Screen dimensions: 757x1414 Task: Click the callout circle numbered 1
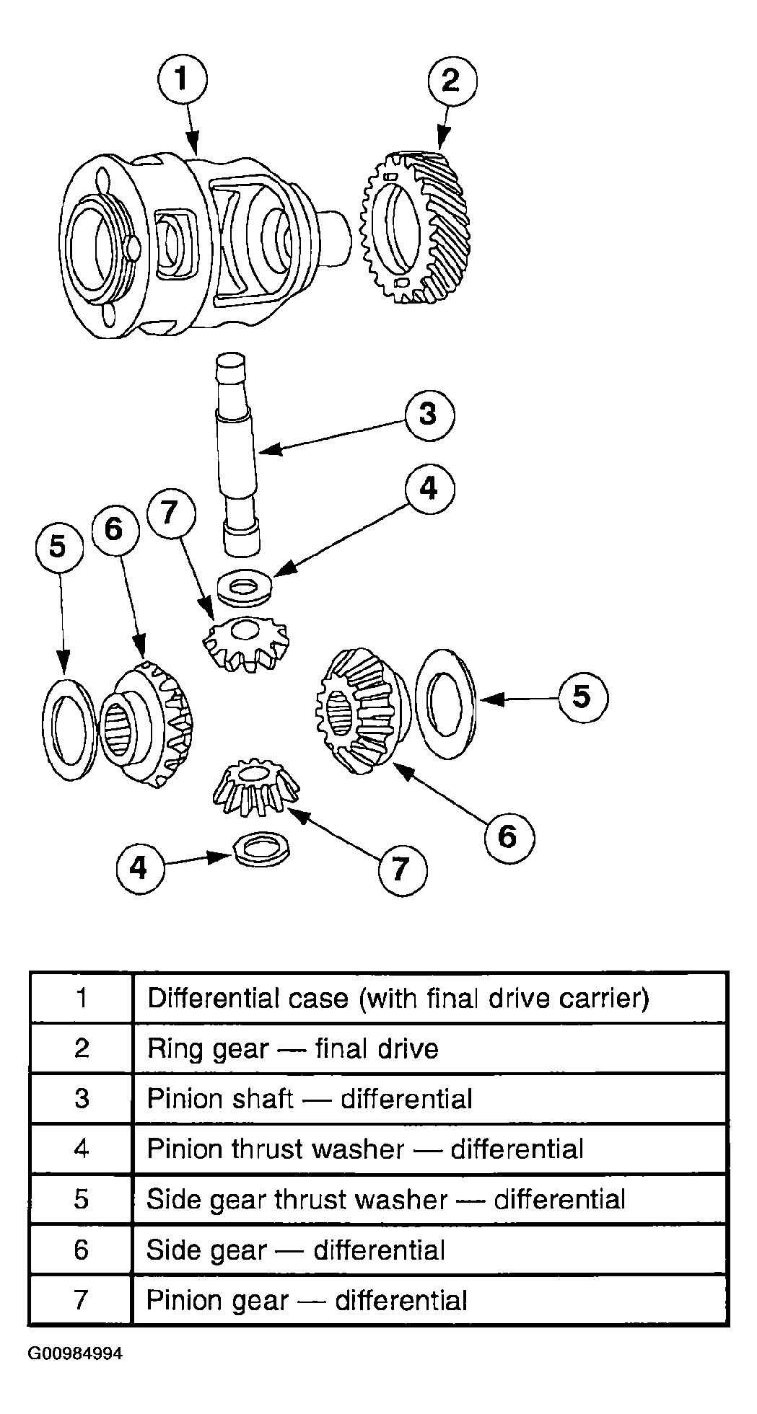(182, 79)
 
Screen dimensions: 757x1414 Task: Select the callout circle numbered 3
(429, 415)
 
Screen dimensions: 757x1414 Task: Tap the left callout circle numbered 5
(60, 546)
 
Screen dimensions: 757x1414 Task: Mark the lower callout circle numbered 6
(509, 836)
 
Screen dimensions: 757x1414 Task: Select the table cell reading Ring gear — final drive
(429, 1048)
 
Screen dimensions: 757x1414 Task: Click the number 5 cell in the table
(81, 1199)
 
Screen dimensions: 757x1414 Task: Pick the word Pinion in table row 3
(183, 1098)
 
